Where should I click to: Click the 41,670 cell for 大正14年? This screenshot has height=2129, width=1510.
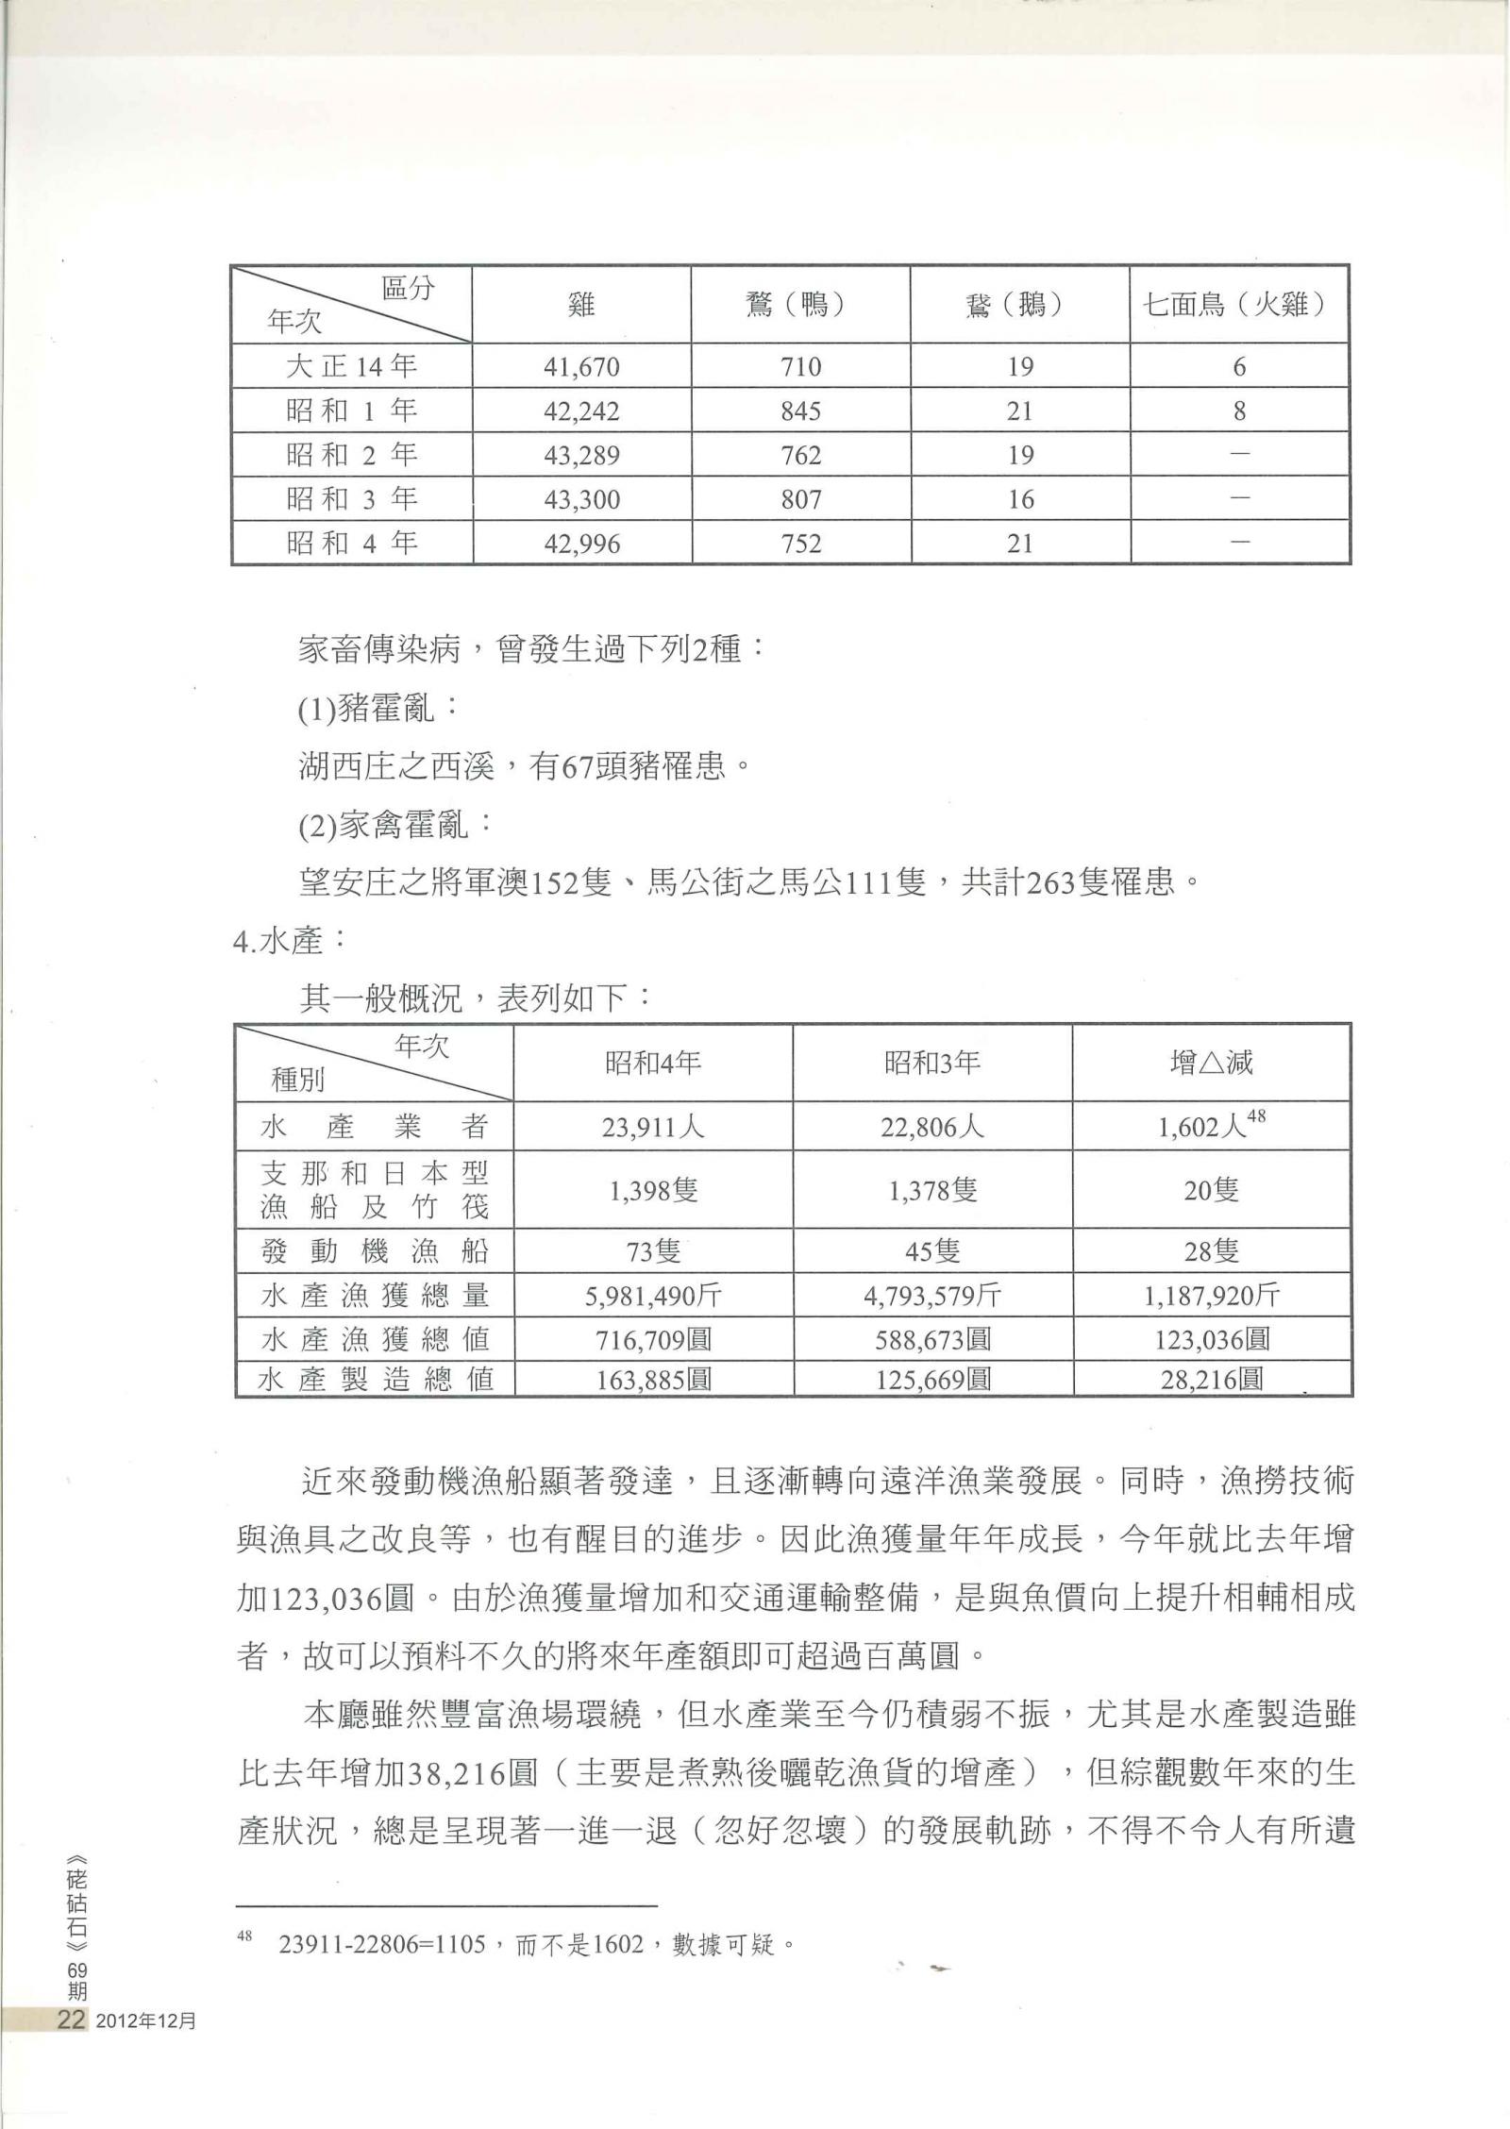(580, 366)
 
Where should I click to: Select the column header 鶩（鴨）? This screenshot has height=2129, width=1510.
(800, 305)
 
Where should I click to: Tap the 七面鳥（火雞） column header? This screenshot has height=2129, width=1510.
(1237, 305)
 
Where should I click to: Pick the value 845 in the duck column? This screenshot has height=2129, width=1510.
(800, 411)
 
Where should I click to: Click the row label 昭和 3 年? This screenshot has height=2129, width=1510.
(351, 499)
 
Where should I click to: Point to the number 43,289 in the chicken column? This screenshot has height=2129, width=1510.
(580, 456)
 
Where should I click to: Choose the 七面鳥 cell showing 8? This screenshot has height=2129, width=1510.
(1239, 411)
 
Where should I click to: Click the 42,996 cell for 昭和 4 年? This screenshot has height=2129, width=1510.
(580, 544)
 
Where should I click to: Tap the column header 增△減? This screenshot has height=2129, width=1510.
(1211, 1064)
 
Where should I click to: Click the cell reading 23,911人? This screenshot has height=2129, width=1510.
(653, 1127)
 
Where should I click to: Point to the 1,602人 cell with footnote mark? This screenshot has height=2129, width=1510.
(1211, 1126)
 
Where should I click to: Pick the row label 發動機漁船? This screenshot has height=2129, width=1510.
(375, 1251)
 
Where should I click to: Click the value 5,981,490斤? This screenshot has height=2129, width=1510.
(653, 1296)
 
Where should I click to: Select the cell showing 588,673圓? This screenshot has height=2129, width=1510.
(931, 1339)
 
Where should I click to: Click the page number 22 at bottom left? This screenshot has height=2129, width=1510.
(72, 2020)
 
